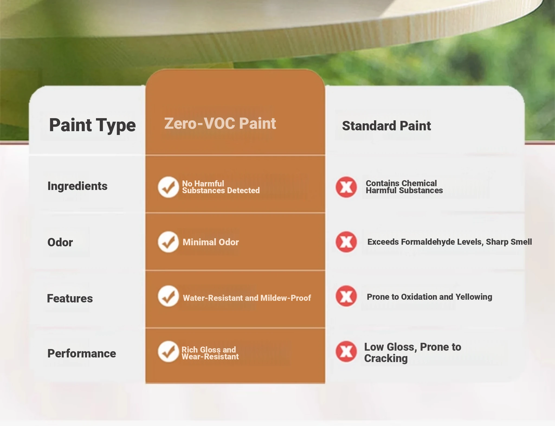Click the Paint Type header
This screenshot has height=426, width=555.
[x=92, y=125]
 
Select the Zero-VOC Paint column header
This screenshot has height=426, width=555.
[x=220, y=124]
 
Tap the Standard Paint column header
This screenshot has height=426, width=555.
[x=386, y=126]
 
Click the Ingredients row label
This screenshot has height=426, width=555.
[x=78, y=186]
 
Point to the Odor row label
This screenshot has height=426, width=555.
[x=60, y=242]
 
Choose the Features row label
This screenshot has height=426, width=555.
[x=70, y=298]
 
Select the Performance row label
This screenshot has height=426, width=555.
[x=82, y=353]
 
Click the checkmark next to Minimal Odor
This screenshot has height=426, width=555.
[x=168, y=242]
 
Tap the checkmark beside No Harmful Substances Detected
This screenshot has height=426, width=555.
[x=168, y=187]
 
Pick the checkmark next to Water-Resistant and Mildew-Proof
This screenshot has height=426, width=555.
[x=168, y=296]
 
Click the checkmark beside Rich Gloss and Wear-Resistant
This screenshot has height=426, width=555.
[x=168, y=351]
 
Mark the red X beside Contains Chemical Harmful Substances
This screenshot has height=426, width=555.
[x=346, y=187]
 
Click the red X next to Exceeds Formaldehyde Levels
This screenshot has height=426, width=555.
[x=346, y=242]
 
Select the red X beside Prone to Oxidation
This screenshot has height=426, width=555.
[x=346, y=296]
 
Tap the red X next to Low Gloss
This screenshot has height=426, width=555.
[x=346, y=351]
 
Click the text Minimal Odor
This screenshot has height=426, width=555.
[x=211, y=242]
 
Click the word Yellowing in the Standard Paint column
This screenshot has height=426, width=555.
[x=474, y=297]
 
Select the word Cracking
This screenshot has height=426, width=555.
[x=386, y=358]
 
